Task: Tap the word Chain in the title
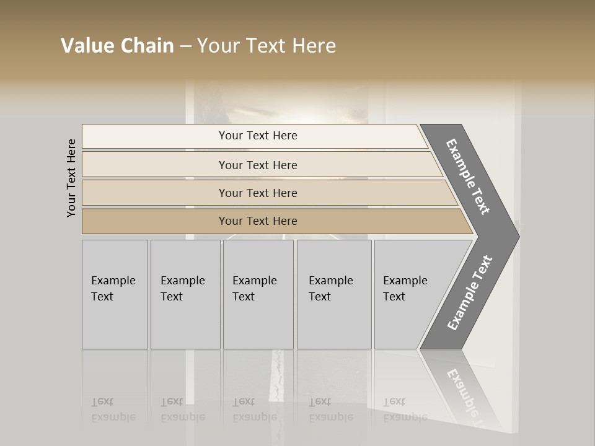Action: tap(148, 46)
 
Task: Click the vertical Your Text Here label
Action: tap(71, 178)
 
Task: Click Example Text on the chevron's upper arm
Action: tap(468, 177)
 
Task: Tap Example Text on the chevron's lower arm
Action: tap(469, 293)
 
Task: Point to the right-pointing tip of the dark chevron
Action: tap(518, 237)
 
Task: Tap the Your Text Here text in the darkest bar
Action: tap(258, 221)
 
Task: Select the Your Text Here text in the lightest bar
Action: tap(258, 136)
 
